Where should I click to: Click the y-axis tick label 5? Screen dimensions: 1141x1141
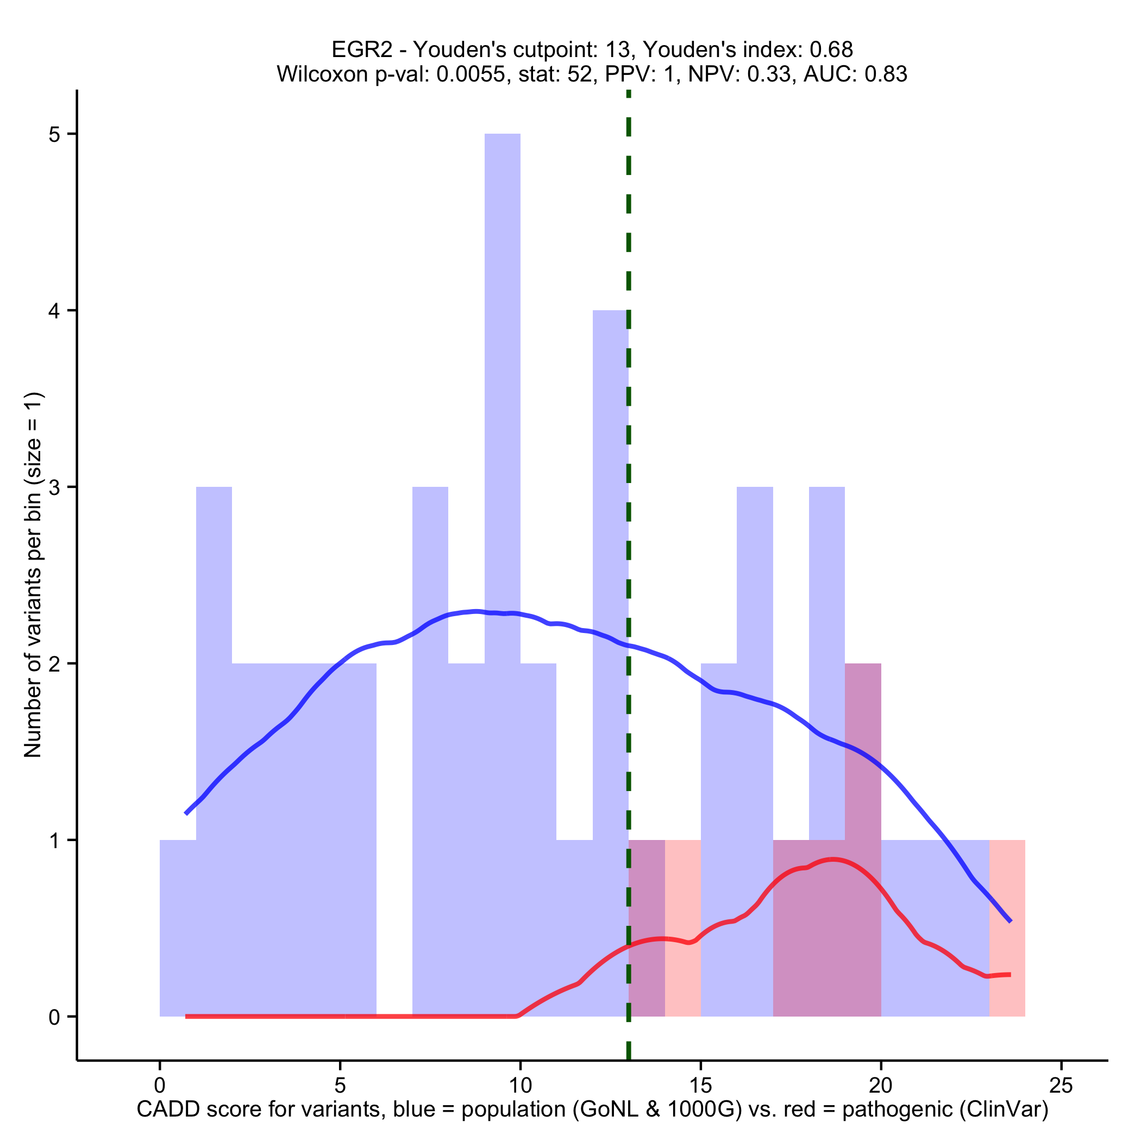pyautogui.click(x=55, y=134)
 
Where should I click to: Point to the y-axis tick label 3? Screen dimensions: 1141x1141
pyautogui.click(x=55, y=487)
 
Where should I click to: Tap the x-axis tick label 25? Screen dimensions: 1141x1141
pyautogui.click(x=1061, y=1086)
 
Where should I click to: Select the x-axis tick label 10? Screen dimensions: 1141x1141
pyautogui.click(x=521, y=1086)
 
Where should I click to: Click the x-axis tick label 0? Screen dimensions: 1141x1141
pyautogui.click(x=159, y=1086)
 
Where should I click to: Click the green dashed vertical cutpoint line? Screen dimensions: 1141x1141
pyautogui.click(x=629, y=413)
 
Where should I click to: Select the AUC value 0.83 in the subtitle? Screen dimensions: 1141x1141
pyautogui.click(x=885, y=74)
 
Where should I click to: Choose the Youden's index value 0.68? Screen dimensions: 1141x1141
pyautogui.click(x=831, y=49)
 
